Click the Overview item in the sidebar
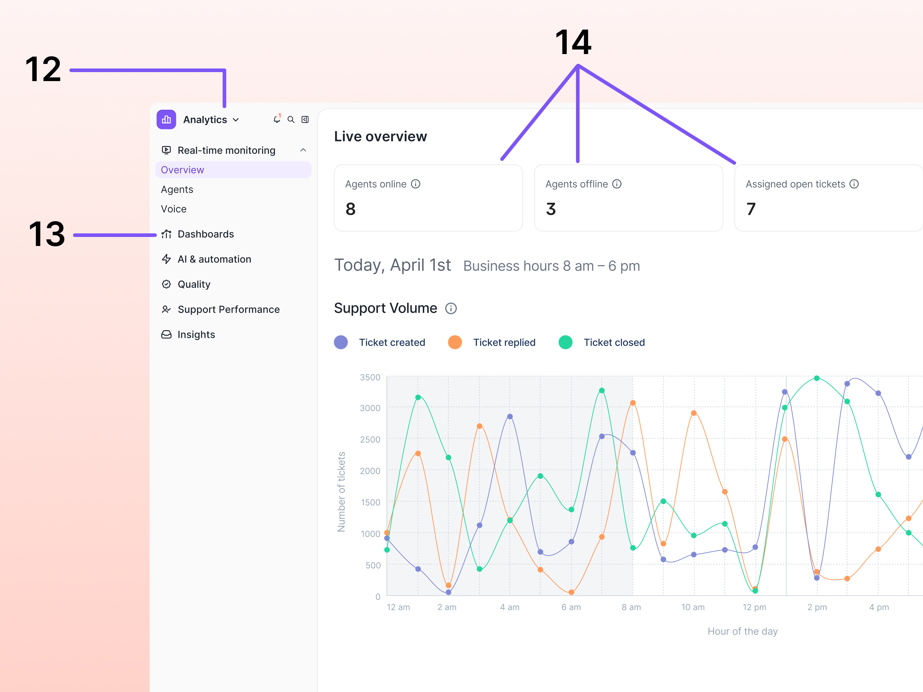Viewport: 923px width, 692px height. click(x=182, y=170)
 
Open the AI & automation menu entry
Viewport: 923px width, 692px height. click(x=214, y=259)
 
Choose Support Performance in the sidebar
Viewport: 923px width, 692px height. click(x=228, y=309)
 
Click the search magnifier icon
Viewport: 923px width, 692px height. click(x=291, y=120)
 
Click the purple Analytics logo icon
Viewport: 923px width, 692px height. click(x=166, y=120)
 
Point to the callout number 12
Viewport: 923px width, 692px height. click(x=43, y=69)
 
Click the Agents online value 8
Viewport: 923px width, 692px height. click(x=351, y=209)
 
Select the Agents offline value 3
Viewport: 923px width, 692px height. click(x=551, y=209)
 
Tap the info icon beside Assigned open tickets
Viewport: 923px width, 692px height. click(x=854, y=184)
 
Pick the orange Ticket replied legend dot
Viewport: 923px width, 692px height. click(x=455, y=342)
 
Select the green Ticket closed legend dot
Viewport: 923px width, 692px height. click(x=565, y=342)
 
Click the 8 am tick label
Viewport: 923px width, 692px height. click(x=631, y=607)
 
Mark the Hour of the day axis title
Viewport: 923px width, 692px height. click(x=742, y=632)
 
